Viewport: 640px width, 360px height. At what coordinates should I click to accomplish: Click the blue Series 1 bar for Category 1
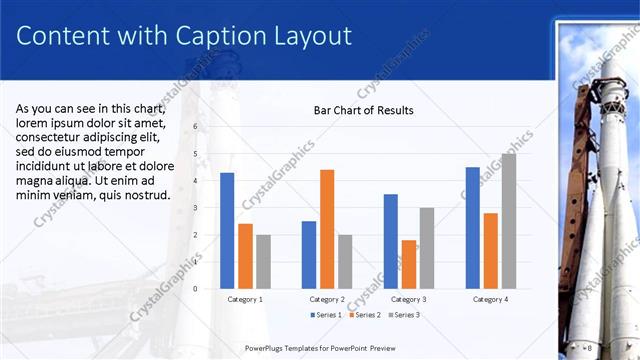(x=227, y=231)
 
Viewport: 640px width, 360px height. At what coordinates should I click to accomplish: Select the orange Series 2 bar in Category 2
(x=327, y=229)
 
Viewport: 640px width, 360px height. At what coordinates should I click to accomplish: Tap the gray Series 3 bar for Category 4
(x=509, y=221)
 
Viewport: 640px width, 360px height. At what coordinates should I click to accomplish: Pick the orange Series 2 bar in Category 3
(x=409, y=264)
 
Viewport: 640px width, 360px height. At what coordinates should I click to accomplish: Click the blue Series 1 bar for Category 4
(x=473, y=228)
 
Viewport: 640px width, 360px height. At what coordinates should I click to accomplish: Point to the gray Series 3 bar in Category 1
(x=263, y=262)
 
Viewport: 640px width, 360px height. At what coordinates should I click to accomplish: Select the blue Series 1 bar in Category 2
(x=309, y=255)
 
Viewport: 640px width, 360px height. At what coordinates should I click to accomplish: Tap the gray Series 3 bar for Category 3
(x=427, y=248)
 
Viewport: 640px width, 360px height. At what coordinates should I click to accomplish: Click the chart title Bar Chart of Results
(x=363, y=110)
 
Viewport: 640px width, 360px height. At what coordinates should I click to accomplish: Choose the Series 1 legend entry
(x=325, y=315)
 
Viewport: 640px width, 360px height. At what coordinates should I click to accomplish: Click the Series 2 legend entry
(x=363, y=315)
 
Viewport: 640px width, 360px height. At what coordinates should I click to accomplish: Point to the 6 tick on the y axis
(x=196, y=126)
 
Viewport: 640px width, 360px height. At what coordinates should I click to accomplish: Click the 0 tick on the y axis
(x=196, y=289)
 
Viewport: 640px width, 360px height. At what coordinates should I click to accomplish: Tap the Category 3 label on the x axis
(x=409, y=299)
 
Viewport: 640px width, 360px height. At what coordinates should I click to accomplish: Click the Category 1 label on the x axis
(x=245, y=299)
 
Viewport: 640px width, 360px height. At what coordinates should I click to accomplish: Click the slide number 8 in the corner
(x=590, y=347)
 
